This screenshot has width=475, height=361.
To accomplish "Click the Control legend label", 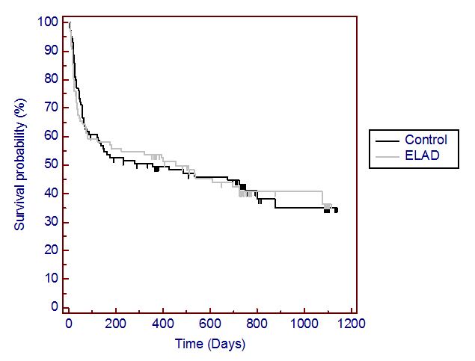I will point(426,140).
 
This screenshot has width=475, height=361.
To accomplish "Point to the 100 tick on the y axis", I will point(47,22).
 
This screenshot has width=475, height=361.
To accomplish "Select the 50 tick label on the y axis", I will point(50,164).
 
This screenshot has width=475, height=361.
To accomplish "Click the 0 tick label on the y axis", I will point(53,307).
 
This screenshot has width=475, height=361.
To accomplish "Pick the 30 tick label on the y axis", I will point(50,222).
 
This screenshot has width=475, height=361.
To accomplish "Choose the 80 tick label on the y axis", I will point(50,79).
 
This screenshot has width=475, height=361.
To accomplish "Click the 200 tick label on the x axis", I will point(116,325).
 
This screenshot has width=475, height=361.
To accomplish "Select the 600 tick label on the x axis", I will point(210,325).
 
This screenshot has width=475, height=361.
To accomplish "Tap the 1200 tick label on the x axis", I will point(351,325).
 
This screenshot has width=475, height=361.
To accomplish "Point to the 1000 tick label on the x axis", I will point(304,325).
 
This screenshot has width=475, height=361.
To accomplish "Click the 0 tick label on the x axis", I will point(69,325).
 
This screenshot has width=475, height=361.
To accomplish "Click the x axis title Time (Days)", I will point(210,345).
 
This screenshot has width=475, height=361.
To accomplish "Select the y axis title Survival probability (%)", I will point(22,164).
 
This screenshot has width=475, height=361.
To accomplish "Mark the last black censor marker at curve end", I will point(336,210).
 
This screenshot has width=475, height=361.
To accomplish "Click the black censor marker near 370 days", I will point(156,169).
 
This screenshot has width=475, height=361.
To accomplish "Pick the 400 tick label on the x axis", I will point(163,325).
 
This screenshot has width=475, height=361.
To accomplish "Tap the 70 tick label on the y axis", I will point(50,108).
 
